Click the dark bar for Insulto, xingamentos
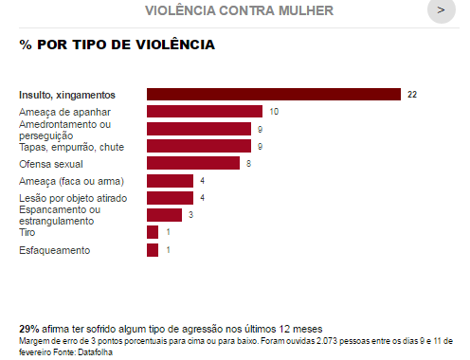click(x=274, y=95)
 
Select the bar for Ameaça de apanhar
click(x=205, y=112)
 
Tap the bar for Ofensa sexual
click(x=193, y=163)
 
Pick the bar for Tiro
click(x=153, y=232)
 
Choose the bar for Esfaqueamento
click(x=153, y=250)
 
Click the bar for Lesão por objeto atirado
click(x=170, y=198)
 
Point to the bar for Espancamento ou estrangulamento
click(x=164, y=215)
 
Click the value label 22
click(x=412, y=95)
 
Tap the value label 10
click(x=274, y=112)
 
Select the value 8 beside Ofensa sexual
click(x=248, y=164)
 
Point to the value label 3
click(x=190, y=215)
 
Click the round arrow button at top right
click(x=442, y=10)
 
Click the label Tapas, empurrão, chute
click(x=71, y=147)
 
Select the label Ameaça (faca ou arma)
click(x=71, y=181)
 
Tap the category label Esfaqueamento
click(x=55, y=250)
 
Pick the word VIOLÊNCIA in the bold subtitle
click(x=175, y=45)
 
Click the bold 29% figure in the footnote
click(x=29, y=329)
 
